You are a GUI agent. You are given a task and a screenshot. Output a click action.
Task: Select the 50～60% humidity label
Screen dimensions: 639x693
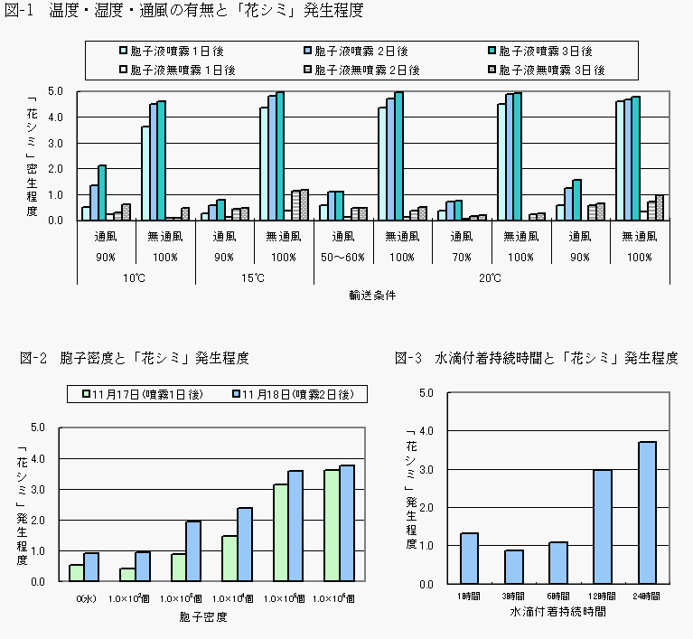coord(343,257)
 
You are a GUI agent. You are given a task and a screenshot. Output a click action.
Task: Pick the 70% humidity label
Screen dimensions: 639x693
coord(462,257)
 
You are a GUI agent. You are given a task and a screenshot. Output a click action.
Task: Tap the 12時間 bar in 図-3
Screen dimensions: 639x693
coord(603,526)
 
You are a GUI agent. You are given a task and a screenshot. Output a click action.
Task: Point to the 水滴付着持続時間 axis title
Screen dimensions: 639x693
coord(557,612)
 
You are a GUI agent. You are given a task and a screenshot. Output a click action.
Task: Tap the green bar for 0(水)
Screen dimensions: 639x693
coord(77,573)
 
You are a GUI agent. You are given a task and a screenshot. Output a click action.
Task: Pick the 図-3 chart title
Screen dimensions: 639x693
coord(537,358)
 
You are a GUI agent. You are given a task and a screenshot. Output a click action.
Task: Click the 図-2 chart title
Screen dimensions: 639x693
coord(134,358)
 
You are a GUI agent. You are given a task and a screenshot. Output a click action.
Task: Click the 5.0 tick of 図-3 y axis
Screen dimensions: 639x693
coord(427,392)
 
